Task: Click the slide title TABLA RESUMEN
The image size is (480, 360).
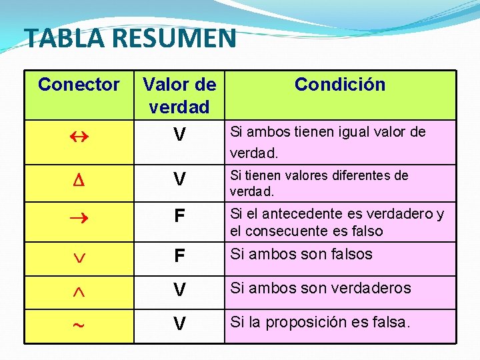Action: (130, 38)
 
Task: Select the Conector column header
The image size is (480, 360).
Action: (79, 85)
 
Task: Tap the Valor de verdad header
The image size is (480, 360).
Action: (179, 95)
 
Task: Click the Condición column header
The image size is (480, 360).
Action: (340, 85)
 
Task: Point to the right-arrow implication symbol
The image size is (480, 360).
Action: (78, 216)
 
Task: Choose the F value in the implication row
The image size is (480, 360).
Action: (179, 217)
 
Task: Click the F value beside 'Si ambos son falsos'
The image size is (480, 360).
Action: (179, 257)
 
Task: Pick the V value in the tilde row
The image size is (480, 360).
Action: (179, 325)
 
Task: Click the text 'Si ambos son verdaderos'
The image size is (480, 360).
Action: (321, 289)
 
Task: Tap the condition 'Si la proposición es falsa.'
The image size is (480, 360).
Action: (321, 323)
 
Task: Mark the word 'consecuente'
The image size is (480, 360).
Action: (283, 231)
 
